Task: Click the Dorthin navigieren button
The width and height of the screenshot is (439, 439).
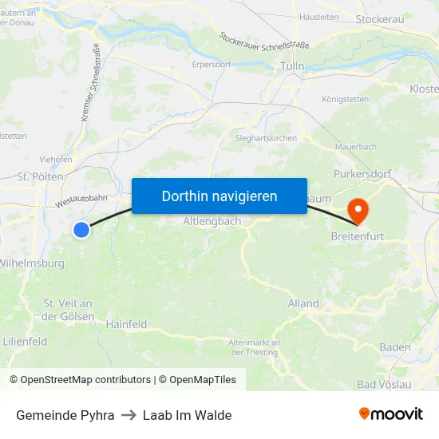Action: (x=219, y=196)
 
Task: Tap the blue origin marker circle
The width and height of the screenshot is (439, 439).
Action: (x=81, y=230)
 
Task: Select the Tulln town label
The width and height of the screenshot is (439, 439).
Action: (x=292, y=66)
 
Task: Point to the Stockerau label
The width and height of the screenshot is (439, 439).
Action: (x=379, y=19)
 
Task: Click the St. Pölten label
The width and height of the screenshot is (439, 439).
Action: (x=34, y=176)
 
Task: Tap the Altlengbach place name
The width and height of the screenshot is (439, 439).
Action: (x=212, y=221)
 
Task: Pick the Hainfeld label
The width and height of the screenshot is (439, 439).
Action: (x=126, y=324)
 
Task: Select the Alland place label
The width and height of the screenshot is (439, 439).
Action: (x=303, y=303)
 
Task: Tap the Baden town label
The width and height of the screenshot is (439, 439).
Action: (x=395, y=347)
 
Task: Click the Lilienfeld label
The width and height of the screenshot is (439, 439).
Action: (x=25, y=342)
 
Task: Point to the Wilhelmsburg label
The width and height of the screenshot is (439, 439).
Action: (x=32, y=263)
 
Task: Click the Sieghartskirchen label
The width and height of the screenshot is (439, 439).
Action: (x=266, y=138)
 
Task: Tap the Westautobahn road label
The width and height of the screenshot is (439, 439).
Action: (x=81, y=200)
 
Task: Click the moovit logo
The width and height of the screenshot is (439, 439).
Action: (x=390, y=413)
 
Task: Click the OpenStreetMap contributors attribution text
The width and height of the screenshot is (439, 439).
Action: (x=80, y=380)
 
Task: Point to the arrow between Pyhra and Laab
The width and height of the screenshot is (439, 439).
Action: (x=129, y=415)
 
